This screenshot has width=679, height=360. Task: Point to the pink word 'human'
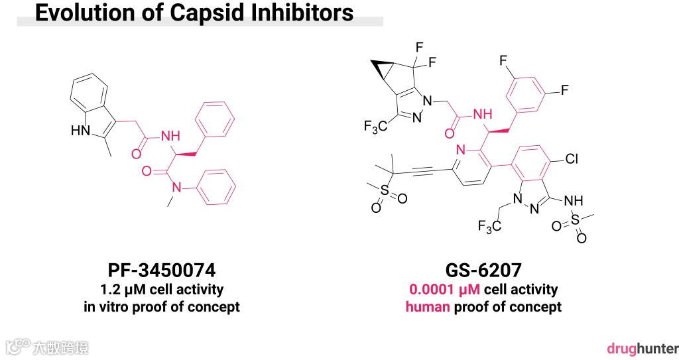tap(428, 307)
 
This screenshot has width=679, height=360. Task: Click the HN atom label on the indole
tap(80, 131)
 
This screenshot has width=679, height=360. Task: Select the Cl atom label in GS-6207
tap(574, 159)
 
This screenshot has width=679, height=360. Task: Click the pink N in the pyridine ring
tap(461, 149)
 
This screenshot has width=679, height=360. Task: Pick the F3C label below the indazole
tap(489, 227)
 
